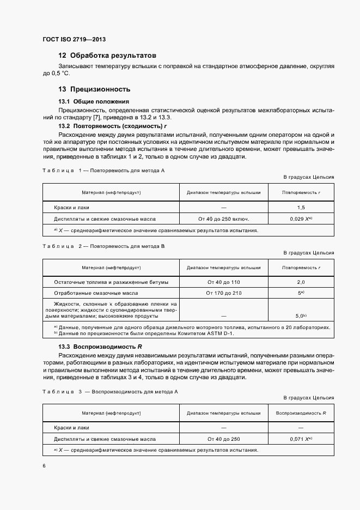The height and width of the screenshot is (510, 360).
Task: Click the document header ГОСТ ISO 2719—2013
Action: pyautogui.click(x=74, y=40)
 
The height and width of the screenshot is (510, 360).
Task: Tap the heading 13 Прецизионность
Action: pyautogui.click(x=94, y=89)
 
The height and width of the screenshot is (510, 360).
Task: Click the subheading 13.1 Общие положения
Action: pyautogui.click(x=93, y=101)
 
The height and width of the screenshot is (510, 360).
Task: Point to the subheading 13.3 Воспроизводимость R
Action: pyautogui.click(x=100, y=347)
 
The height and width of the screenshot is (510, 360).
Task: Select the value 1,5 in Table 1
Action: pyautogui.click(x=301, y=208)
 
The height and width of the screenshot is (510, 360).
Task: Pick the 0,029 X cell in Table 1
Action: pyautogui.click(x=301, y=219)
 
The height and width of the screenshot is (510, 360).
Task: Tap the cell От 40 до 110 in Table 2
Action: pyautogui.click(x=223, y=282)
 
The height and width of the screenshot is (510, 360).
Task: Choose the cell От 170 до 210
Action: pyautogui.click(x=223, y=293)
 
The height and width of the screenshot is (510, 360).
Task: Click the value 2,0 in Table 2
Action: pyautogui.click(x=301, y=282)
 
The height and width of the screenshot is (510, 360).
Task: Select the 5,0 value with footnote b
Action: pyautogui.click(x=301, y=315)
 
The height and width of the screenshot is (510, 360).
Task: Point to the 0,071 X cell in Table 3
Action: pyautogui.click(x=301, y=439)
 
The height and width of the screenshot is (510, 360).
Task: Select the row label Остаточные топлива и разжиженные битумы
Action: pyautogui.click(x=111, y=282)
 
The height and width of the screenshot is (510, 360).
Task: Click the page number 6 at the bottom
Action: pyautogui.click(x=44, y=466)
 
